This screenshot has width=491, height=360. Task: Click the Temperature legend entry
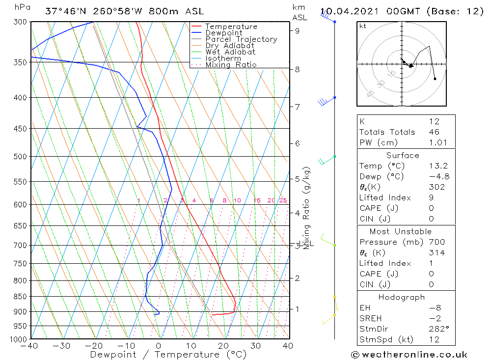231,27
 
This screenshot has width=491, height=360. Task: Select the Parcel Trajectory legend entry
241,39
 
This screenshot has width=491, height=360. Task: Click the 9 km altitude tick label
298,30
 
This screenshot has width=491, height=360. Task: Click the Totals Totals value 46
434,132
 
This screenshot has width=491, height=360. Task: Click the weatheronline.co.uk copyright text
409,355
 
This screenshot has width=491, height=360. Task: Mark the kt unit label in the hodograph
363,26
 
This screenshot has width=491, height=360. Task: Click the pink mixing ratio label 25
283,200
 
